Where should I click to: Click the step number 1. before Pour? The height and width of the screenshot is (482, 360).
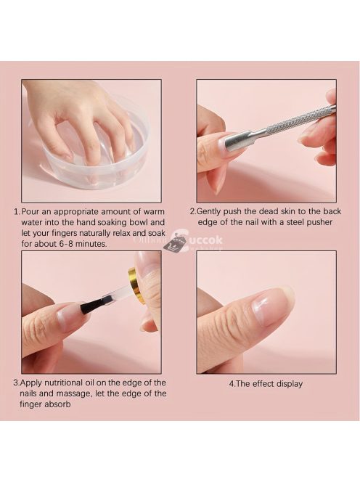pos(16,211)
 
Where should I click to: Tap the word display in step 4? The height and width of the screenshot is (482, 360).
pos(288,383)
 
